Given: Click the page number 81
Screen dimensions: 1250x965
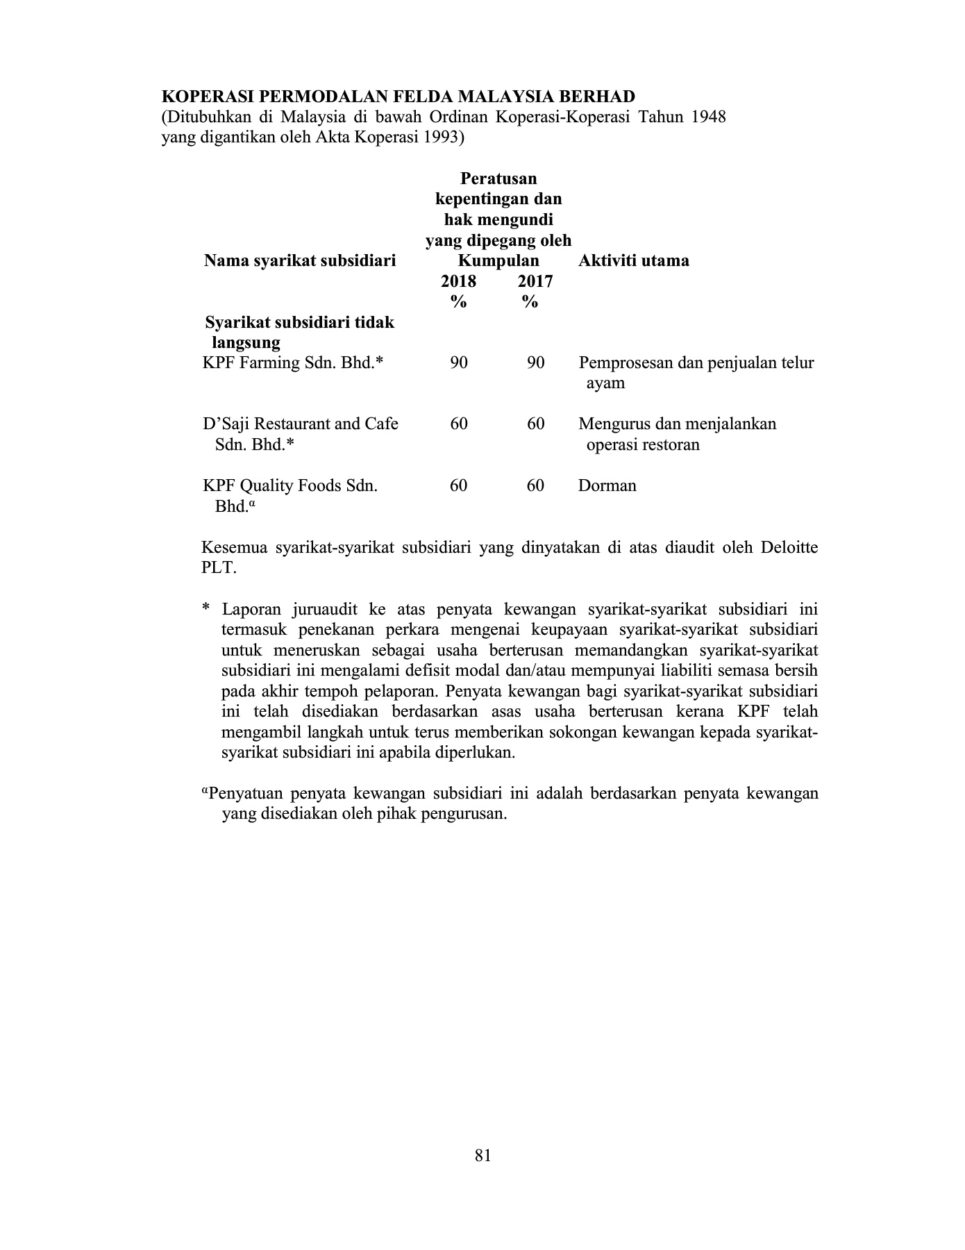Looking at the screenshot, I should pyautogui.click(x=483, y=1155).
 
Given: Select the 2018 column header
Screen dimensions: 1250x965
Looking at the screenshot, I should pyautogui.click(x=458, y=281).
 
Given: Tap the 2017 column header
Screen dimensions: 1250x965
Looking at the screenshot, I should pyautogui.click(x=535, y=281).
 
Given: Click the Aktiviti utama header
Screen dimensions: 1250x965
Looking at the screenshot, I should pyautogui.click(x=633, y=261).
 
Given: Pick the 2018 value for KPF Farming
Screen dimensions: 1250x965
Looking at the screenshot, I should pyautogui.click(x=458, y=362).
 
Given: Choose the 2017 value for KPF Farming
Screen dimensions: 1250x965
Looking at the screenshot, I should pyautogui.click(x=535, y=362).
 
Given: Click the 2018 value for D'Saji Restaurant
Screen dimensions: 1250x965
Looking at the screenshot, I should pyautogui.click(x=458, y=424).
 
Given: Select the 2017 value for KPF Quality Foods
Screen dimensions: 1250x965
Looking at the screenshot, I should pyautogui.click(x=535, y=485).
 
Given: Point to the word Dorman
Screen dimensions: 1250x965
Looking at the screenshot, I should pyautogui.click(x=607, y=485).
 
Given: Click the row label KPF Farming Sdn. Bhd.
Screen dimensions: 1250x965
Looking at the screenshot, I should pyautogui.click(x=292, y=362).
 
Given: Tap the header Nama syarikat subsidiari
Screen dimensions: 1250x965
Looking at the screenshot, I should pyautogui.click(x=300, y=261).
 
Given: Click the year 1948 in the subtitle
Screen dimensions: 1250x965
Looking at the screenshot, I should pyautogui.click(x=708, y=117).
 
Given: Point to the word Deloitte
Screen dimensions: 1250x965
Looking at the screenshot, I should pyautogui.click(x=789, y=547).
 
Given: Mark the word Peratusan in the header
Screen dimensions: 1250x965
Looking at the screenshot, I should pyautogui.click(x=498, y=179).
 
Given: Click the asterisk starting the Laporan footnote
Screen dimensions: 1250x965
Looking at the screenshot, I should pyautogui.click(x=205, y=610).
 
